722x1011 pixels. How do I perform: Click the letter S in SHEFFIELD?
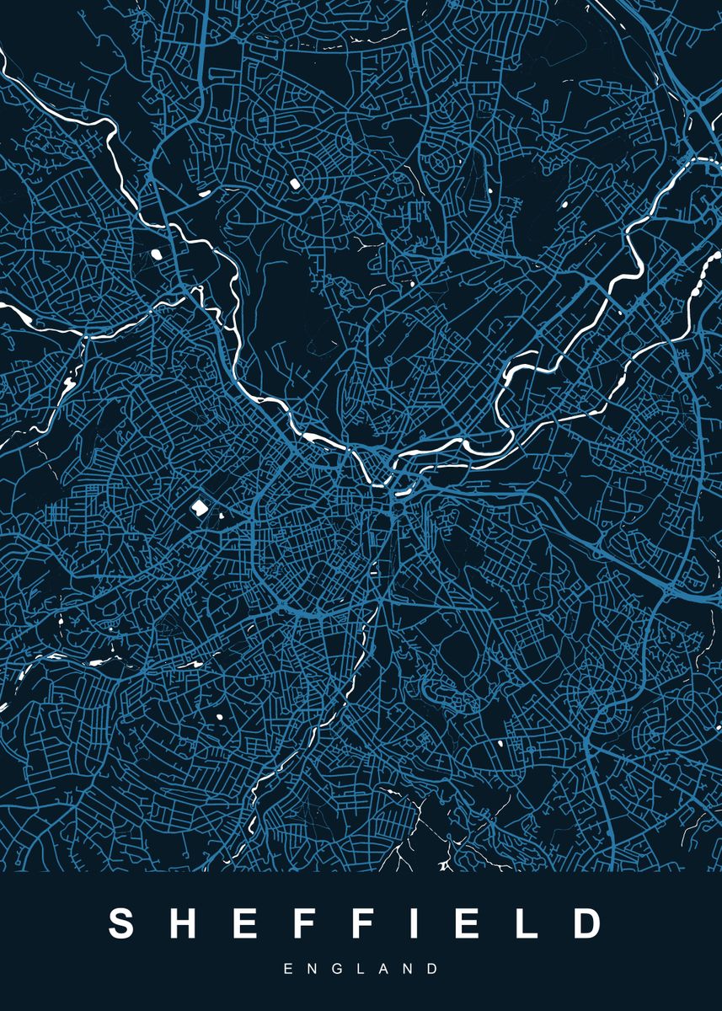click(x=122, y=923)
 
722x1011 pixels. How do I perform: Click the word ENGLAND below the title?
click(x=361, y=969)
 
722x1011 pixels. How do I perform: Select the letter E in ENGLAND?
click(x=288, y=969)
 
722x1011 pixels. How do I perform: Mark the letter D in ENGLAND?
click(x=432, y=969)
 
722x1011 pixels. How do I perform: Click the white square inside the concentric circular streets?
click(x=297, y=181)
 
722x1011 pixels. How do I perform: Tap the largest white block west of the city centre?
click(x=200, y=507)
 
